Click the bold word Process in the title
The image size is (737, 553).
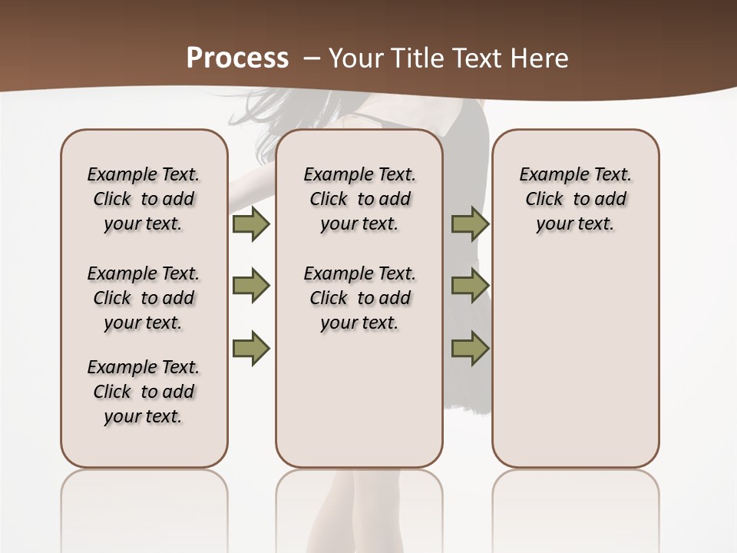237,58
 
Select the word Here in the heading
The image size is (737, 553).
540,58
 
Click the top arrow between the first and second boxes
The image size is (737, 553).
251,224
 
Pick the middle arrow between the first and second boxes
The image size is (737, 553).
251,286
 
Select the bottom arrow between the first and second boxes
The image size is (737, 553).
251,349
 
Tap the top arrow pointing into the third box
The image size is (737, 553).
470,224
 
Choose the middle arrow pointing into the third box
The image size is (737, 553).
470,286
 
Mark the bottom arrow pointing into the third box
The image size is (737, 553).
470,349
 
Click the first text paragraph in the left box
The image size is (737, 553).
144,199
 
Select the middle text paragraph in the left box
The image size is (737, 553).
144,298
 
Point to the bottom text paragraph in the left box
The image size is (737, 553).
144,392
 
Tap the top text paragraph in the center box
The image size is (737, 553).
359,199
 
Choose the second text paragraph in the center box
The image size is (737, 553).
359,298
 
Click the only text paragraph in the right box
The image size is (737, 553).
575,199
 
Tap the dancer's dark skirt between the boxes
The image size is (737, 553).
468,384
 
